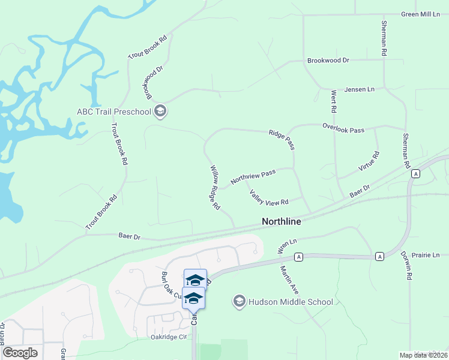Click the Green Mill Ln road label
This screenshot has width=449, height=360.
tap(421, 14)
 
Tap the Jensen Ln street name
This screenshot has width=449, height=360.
tap(359, 89)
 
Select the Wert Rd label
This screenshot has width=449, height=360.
tap(333, 102)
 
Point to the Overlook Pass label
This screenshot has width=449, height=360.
tap(343, 128)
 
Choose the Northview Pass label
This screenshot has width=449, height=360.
tap(253, 176)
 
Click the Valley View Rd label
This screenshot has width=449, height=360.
tap(269, 197)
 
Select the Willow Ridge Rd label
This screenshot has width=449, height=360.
tap(215, 187)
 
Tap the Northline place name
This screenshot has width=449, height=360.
tap(281, 221)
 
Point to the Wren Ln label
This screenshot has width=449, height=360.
tap(288, 245)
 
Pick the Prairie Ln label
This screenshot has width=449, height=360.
tap(427, 255)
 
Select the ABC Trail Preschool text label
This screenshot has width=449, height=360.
tap(113, 111)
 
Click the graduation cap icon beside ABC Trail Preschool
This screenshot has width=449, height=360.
tap(160, 111)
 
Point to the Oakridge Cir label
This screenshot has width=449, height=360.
tap(170, 337)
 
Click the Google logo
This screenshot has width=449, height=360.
tap(20, 352)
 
